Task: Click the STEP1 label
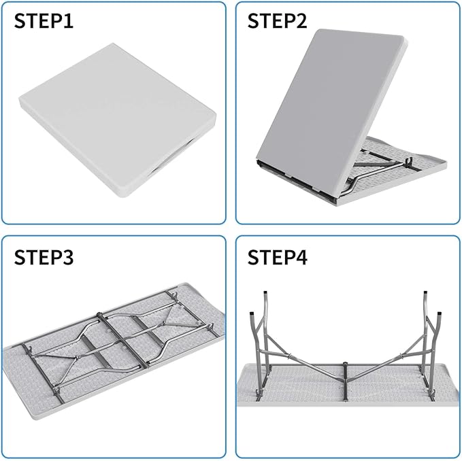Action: (44, 21)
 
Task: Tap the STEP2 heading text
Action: (277, 21)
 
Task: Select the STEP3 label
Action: (44, 257)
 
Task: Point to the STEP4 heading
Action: (277, 257)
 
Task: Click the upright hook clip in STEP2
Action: (409, 163)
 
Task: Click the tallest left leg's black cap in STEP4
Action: (265, 293)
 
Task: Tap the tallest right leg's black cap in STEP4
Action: (425, 293)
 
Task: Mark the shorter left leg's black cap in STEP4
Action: (252, 313)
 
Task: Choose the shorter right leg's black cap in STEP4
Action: (440, 313)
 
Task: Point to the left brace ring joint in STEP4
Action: (289, 356)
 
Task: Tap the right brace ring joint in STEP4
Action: (401, 356)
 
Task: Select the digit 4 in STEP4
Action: (301, 257)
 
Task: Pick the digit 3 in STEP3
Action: (68, 257)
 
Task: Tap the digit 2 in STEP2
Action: (301, 21)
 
